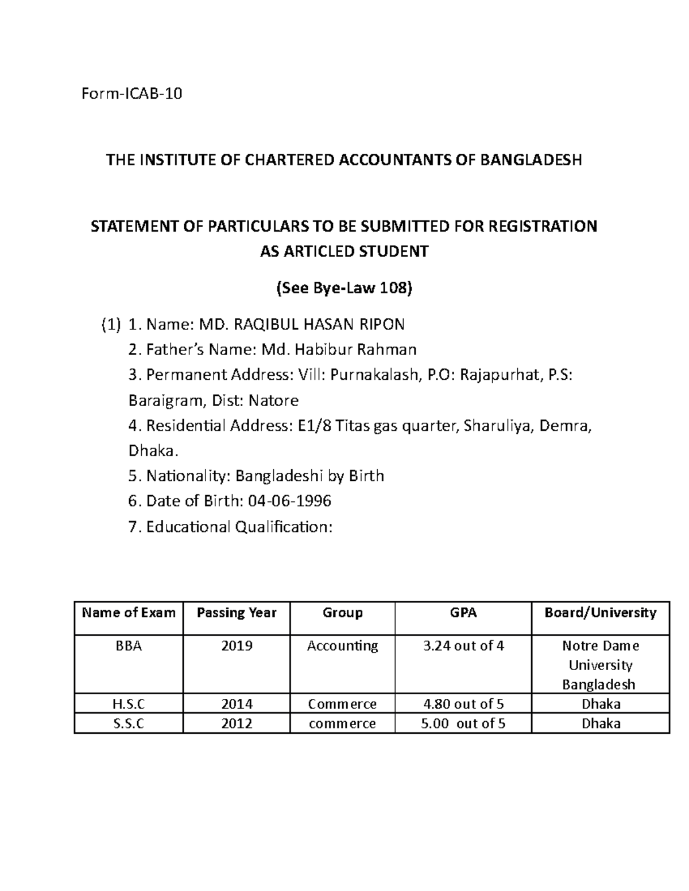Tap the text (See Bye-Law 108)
(x=344, y=289)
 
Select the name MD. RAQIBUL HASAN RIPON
(x=301, y=325)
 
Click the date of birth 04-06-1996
(x=289, y=501)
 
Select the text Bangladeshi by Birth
(x=310, y=476)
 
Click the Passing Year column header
(x=237, y=613)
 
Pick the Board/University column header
(x=600, y=613)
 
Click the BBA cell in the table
(x=129, y=646)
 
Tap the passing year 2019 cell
(x=237, y=646)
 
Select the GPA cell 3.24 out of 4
(x=463, y=646)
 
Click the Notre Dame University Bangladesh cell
(x=600, y=665)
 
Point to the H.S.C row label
(x=129, y=704)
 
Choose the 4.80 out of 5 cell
(x=463, y=704)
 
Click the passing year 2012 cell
(x=237, y=723)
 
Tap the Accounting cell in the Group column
(x=342, y=646)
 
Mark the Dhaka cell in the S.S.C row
(x=601, y=723)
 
